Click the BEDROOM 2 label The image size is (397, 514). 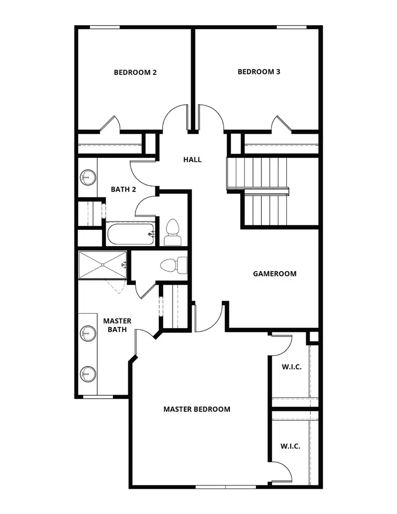point(135,72)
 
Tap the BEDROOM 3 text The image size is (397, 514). point(259,71)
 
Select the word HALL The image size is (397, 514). point(192,159)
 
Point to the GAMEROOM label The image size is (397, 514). point(274,274)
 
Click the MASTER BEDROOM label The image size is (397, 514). point(197,409)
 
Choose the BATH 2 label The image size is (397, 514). point(123,189)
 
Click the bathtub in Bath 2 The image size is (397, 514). point(130,233)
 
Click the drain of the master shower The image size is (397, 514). point(102,265)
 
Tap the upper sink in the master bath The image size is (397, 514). point(87,334)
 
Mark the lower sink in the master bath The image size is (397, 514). point(87,374)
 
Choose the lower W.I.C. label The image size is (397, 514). point(290,446)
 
